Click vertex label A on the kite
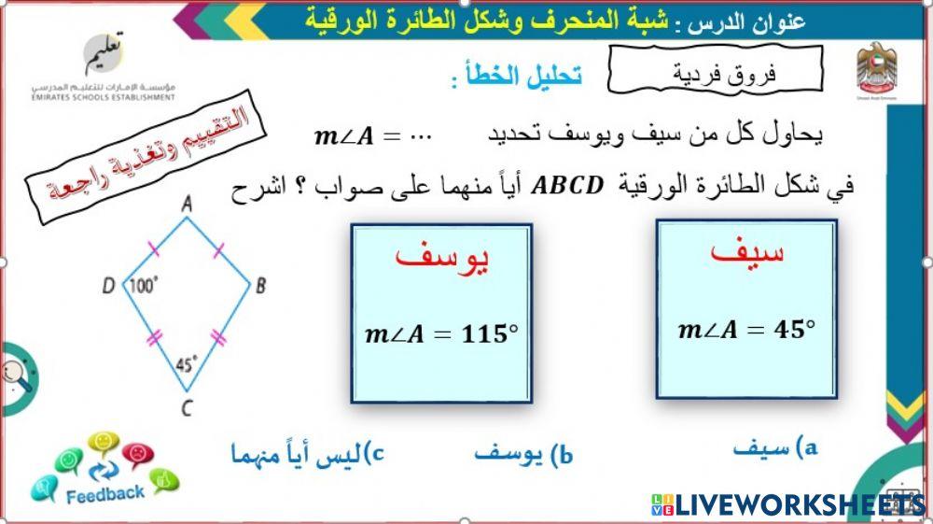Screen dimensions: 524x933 pos(187,203)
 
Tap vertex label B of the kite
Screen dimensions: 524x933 pos(261,286)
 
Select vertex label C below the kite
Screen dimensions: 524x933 pos(188,406)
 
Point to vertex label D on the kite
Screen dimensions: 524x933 pos(109,286)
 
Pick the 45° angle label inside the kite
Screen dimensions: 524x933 pos(187,365)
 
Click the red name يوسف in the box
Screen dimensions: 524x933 pos(441,261)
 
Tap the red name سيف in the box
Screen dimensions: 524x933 pos(746,252)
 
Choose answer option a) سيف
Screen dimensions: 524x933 pos(774,448)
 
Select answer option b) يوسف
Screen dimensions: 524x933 pos(522,455)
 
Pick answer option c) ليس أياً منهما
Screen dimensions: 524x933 pos(308,455)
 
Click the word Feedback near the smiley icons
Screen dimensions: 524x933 pos(104,492)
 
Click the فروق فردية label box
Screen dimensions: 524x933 pos(714,71)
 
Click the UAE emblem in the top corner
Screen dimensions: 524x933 pos(875,66)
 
